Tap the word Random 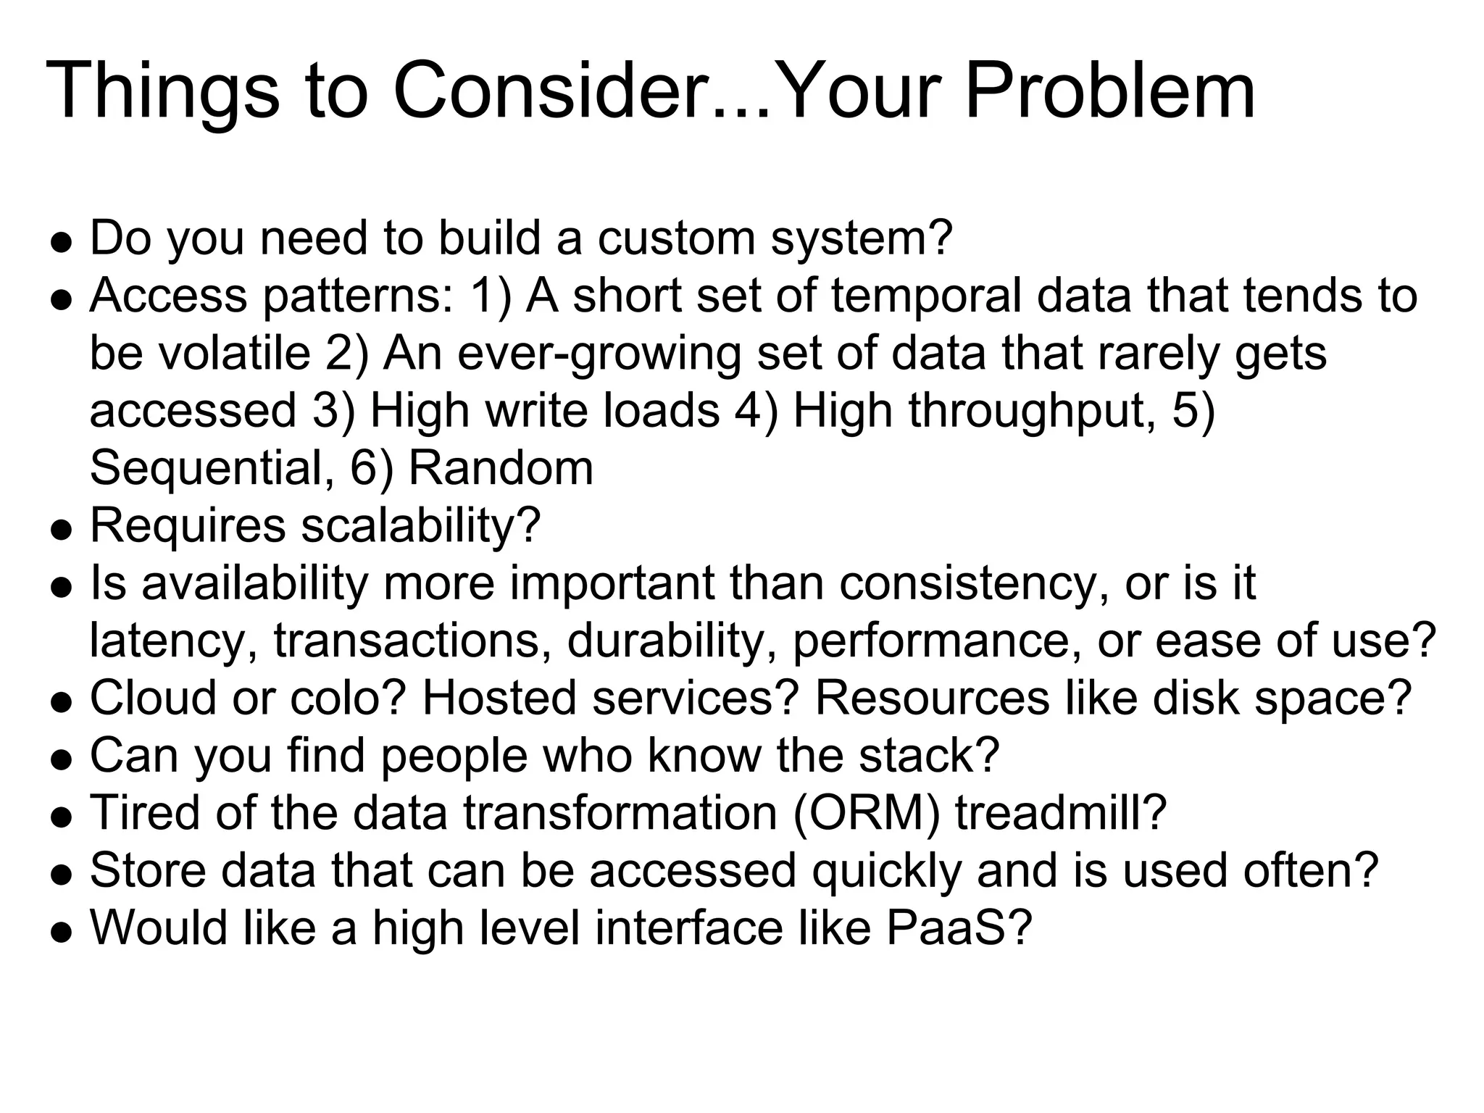[x=501, y=468]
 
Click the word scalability [x=420, y=525]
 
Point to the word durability [x=670, y=641]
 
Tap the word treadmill [x=1059, y=812]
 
